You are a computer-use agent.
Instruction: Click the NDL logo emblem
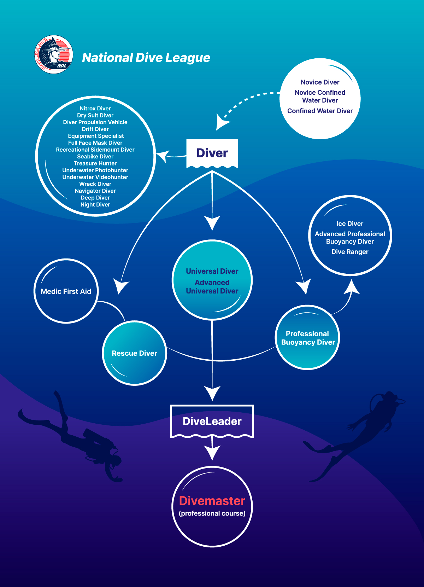[x=54, y=54]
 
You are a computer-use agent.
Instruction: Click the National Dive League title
[x=146, y=58]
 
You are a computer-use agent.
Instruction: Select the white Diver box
[x=212, y=153]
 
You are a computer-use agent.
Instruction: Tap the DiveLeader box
[x=212, y=422]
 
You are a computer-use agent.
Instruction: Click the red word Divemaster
[x=212, y=501]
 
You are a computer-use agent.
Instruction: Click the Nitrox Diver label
[x=95, y=109]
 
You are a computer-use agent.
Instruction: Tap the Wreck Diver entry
[x=95, y=184]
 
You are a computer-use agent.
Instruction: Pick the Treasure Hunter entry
[x=95, y=163]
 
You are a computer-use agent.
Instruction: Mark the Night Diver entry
[x=95, y=205]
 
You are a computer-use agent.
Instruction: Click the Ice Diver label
[x=350, y=223]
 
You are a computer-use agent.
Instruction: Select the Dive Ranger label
[x=350, y=251]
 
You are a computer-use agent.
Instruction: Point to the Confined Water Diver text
[x=320, y=111]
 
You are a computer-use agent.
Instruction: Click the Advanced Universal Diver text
[x=212, y=287]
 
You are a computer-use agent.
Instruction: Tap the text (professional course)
[x=212, y=513]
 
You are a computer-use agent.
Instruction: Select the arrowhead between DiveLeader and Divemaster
[x=212, y=453]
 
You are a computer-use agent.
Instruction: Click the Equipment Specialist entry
[x=96, y=136]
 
